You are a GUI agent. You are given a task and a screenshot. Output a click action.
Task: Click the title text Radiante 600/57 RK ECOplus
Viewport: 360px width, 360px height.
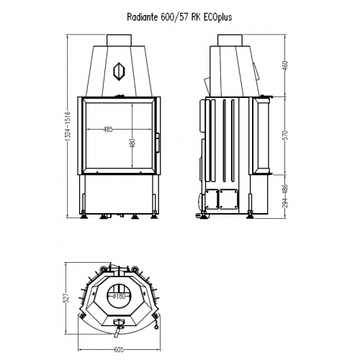click(179, 17)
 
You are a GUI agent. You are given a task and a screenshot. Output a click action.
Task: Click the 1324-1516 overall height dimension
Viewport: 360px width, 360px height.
click(68, 126)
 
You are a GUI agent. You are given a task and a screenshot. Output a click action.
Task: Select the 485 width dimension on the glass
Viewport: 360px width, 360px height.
click(108, 130)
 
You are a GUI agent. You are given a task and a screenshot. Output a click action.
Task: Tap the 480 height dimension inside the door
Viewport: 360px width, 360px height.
click(132, 143)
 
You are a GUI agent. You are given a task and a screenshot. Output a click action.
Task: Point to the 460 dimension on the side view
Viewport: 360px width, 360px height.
click(285, 66)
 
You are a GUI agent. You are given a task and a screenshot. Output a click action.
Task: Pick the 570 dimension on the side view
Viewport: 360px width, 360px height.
click(285, 135)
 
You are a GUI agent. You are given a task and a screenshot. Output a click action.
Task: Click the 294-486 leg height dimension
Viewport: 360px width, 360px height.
click(285, 196)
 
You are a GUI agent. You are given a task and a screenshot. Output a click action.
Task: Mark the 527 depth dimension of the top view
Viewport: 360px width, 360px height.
click(67, 297)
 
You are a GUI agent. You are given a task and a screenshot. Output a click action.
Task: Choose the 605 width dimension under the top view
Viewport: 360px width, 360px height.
click(119, 350)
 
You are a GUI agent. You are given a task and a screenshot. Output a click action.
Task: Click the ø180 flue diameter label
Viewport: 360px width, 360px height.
click(120, 296)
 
